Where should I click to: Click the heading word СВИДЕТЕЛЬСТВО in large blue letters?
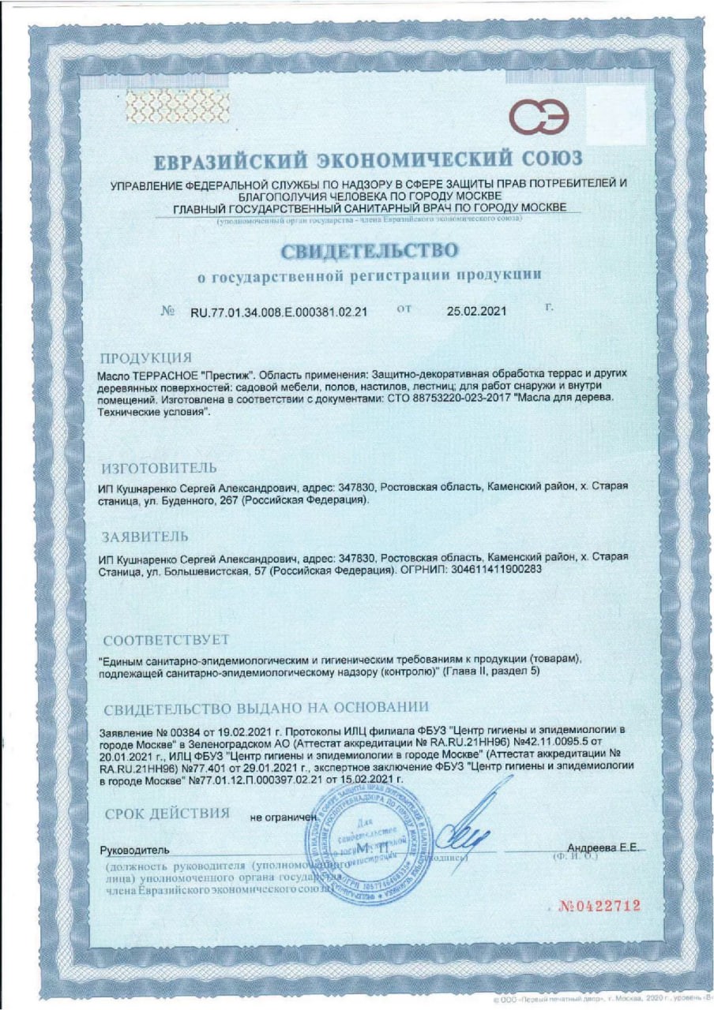point(368,251)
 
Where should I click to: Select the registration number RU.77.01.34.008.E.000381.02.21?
point(279,312)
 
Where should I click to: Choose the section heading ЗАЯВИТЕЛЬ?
point(145,538)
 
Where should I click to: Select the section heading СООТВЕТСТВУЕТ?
point(166,638)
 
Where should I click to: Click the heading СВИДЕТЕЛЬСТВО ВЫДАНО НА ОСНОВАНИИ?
point(266,706)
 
